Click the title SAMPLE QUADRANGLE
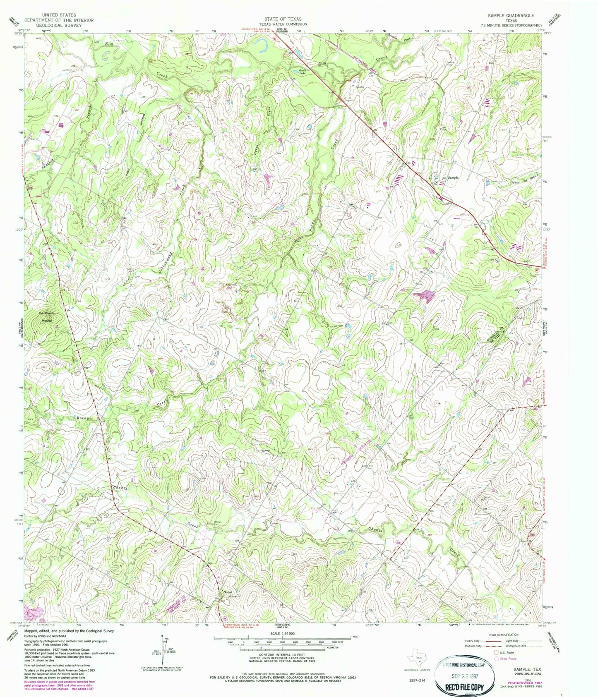point(511,15)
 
